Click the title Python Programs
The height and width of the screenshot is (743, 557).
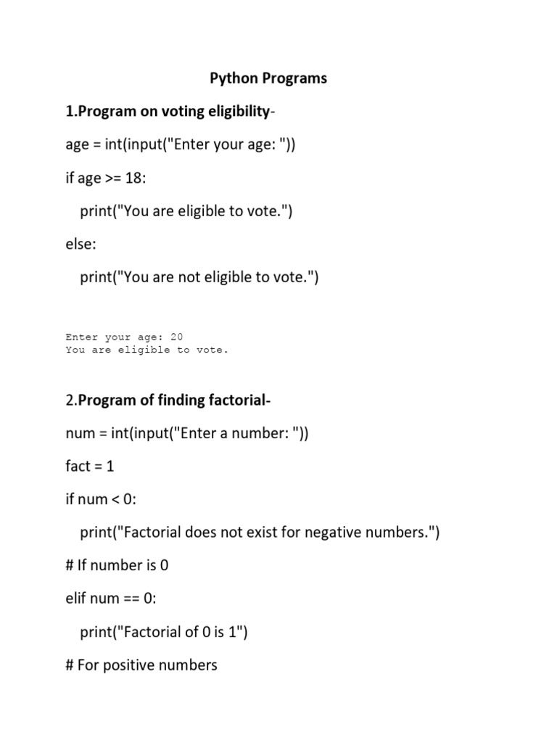(268, 78)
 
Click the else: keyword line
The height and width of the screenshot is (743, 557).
(81, 245)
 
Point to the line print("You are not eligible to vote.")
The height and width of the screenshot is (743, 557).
(199, 277)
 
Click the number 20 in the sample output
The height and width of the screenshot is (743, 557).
(177, 337)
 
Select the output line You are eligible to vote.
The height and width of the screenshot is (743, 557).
(147, 350)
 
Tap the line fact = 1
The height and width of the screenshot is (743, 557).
(90, 467)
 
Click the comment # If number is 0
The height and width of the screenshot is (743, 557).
(117, 565)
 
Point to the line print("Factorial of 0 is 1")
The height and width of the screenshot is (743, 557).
(164, 632)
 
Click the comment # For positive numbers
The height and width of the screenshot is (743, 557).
(141, 665)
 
